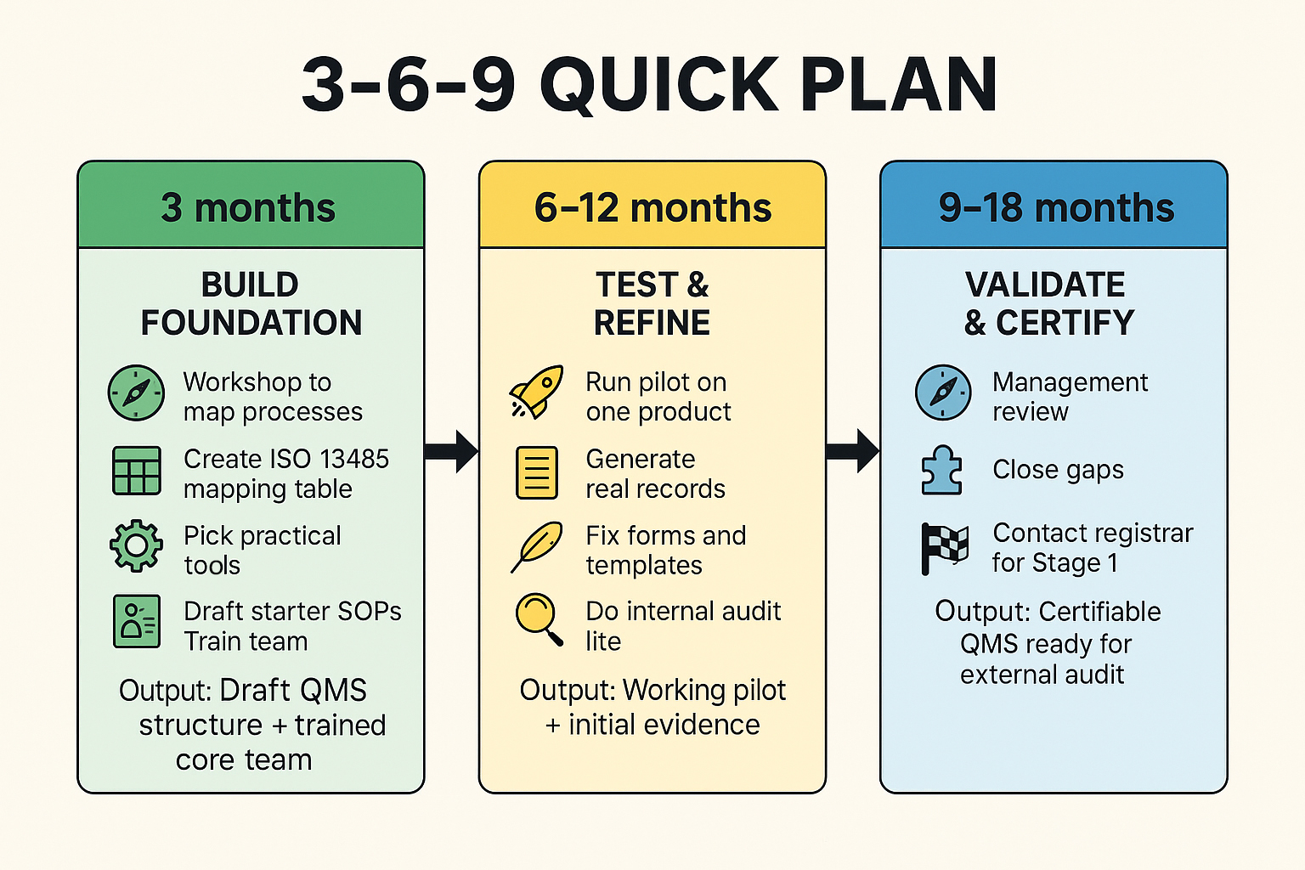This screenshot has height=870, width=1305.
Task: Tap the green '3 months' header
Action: [x=250, y=206]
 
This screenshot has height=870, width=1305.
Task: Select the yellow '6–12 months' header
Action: [x=652, y=206]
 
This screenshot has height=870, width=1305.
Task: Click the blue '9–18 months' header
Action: [x=1055, y=206]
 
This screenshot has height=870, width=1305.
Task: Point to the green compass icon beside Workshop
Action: [x=136, y=393]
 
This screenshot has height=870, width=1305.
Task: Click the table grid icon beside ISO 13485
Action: [x=136, y=471]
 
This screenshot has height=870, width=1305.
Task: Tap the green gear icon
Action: [x=136, y=545]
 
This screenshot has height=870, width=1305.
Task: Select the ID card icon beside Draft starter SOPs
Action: [x=136, y=621]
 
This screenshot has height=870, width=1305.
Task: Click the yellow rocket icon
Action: [x=537, y=393]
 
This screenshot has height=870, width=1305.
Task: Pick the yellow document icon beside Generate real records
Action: [x=537, y=472]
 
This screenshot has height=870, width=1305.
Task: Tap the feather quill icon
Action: [x=537, y=546]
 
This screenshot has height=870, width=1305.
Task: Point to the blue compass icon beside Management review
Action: [x=943, y=393]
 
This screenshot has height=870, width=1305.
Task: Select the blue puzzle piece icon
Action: [x=942, y=470]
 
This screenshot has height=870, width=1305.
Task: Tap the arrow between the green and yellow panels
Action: [x=451, y=451]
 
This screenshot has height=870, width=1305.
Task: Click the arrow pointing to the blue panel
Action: [x=852, y=451]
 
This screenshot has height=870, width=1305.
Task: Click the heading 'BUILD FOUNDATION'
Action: [x=251, y=303]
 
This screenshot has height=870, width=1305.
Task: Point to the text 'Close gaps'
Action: [x=1058, y=470]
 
